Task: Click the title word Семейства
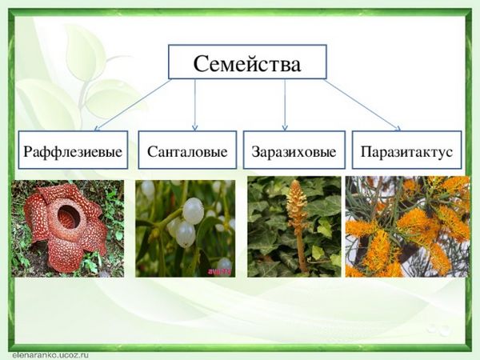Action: coord(247,64)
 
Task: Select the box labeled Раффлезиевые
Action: coord(73,150)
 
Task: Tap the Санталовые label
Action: coord(187,152)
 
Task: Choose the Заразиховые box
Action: coord(294,150)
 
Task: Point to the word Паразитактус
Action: coord(406,152)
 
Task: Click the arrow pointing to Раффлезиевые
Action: coord(132,105)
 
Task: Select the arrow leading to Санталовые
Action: coord(194,105)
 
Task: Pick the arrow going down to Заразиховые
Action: coord(285,105)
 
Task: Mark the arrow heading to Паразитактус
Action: coord(362,105)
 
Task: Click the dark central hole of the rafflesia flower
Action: coord(69,217)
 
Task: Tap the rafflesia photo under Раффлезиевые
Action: coord(68,228)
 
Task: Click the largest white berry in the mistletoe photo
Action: coord(193,210)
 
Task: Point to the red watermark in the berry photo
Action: coord(220,271)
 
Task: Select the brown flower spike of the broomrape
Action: coord(296,202)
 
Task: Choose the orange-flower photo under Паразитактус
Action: coord(407,226)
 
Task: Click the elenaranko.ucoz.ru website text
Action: coord(50,355)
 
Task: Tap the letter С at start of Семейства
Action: coord(202,64)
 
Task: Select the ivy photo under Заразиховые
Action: coord(294,226)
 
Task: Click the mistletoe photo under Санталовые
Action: coord(186,228)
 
